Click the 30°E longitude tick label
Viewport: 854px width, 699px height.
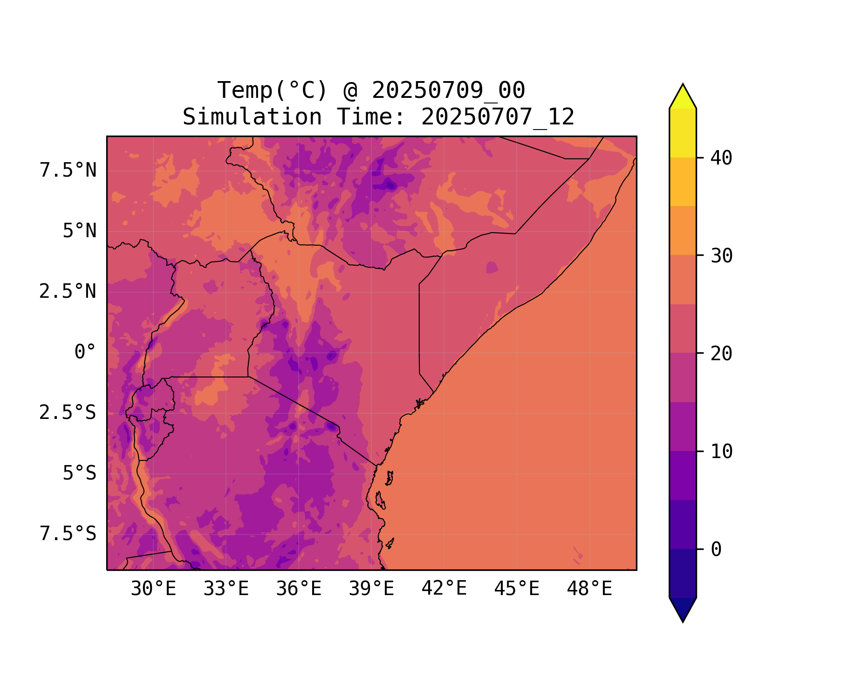tap(153, 589)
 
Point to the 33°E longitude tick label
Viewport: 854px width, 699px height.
tap(226, 589)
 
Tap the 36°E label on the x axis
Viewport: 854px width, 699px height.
tap(299, 589)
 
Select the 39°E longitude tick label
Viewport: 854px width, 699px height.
tap(371, 589)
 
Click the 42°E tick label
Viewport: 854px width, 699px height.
tap(444, 589)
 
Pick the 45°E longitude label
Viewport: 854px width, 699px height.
tap(517, 589)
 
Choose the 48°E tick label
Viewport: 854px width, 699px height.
tap(589, 589)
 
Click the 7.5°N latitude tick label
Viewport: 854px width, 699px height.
tap(68, 171)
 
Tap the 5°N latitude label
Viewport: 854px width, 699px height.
tap(80, 231)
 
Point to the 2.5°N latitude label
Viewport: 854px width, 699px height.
tap(68, 292)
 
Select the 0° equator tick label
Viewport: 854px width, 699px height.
tap(85, 352)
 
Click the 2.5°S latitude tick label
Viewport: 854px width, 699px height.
tap(68, 413)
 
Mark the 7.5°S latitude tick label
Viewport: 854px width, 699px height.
tap(68, 534)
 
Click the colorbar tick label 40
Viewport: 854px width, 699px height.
tap(721, 158)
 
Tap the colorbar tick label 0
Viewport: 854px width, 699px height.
tap(716, 549)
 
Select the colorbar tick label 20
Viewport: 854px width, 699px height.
tap(721, 354)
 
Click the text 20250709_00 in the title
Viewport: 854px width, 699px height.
tap(448, 90)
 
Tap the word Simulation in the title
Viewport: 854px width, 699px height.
tap(252, 117)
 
